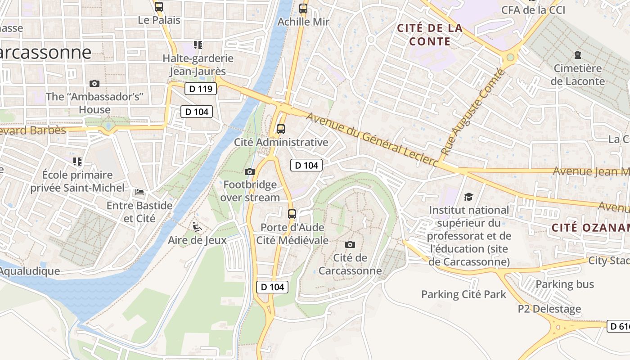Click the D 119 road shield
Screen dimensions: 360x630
tap(201, 89)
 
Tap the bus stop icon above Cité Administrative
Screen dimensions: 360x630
tap(281, 129)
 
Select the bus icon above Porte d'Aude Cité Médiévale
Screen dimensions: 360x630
tap(292, 214)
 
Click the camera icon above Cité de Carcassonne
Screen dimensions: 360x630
tap(350, 244)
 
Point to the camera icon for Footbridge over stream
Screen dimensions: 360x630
tap(249, 171)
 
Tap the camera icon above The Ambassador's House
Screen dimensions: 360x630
tap(94, 83)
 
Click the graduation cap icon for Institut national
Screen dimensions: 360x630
tap(469, 197)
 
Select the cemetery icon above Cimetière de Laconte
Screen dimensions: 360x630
tap(577, 55)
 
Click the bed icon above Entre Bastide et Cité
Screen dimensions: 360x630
tap(139, 192)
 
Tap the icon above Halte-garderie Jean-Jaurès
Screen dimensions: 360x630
tap(198, 45)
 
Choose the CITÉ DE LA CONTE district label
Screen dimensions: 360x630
tap(429, 35)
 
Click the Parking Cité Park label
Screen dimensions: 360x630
tap(463, 294)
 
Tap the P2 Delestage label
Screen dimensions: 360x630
tap(549, 309)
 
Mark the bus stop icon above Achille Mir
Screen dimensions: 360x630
tap(303, 8)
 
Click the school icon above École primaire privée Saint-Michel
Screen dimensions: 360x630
tap(77, 161)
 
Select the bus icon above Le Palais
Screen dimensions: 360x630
tap(159, 7)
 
